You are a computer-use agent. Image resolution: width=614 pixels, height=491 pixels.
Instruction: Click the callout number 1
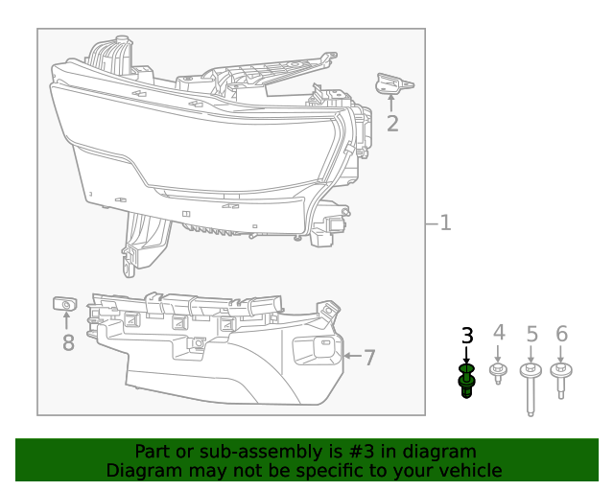445,223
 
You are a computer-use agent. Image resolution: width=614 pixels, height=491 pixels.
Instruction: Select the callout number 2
392,123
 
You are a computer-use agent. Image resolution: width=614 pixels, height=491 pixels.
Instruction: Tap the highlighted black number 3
467,336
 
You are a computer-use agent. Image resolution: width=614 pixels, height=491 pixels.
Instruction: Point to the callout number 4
498,334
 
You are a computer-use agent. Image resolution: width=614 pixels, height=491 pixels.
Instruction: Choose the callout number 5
531,335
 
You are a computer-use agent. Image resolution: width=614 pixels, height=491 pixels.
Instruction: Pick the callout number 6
561,335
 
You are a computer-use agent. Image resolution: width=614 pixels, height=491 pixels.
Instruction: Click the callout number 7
369,358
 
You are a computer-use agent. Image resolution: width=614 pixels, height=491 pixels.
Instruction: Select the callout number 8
68,342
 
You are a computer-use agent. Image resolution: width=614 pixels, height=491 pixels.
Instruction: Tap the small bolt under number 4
498,372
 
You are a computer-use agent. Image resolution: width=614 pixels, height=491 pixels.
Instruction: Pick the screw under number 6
561,379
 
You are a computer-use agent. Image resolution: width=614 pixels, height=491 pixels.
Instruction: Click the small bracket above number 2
393,84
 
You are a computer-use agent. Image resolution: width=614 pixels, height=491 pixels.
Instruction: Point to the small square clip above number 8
64,305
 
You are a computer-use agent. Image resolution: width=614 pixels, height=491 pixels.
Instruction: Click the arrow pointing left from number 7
350,357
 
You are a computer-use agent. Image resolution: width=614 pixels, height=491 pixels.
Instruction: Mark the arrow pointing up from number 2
390,102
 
